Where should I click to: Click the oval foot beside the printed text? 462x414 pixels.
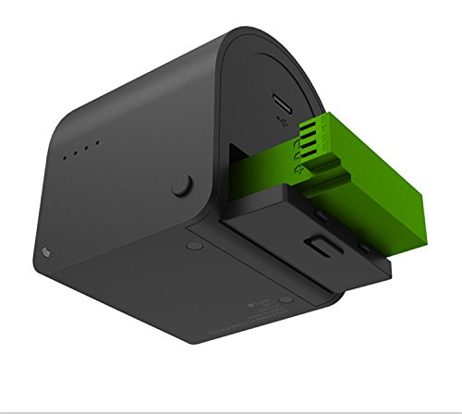[286, 298]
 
